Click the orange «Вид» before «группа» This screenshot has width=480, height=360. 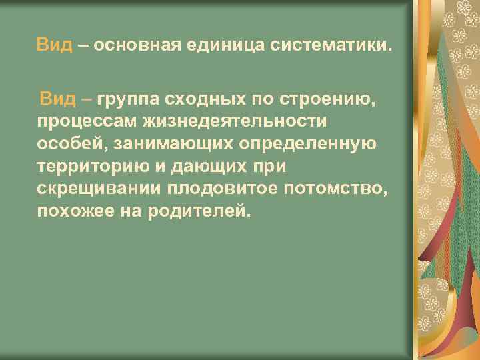click(57, 101)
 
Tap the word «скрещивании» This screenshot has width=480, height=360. click(100, 189)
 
